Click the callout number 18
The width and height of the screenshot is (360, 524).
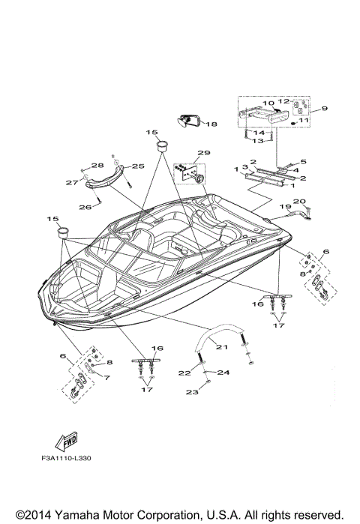click(x=211, y=124)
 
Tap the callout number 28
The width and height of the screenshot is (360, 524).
click(x=97, y=166)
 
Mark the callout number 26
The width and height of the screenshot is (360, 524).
click(x=85, y=206)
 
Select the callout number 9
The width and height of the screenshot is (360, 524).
click(x=325, y=109)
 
